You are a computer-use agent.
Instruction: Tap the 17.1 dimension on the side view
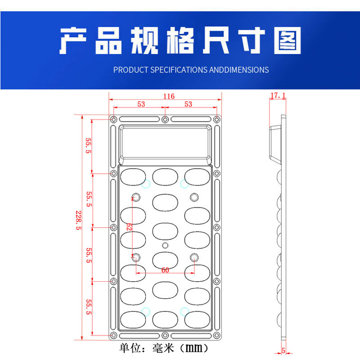(278, 95)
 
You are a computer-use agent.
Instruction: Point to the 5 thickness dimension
(283, 351)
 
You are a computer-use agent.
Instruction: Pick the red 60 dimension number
(165, 270)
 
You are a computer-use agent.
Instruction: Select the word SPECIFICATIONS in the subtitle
(179, 70)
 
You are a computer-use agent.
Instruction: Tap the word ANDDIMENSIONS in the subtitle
(239, 70)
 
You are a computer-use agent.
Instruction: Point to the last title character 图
(287, 41)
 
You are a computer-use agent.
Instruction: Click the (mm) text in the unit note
(194, 348)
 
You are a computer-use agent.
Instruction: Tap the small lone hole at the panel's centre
(165, 245)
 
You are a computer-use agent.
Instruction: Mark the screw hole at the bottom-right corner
(217, 336)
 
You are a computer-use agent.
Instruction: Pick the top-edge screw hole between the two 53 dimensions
(165, 119)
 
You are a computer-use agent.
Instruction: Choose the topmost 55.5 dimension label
(89, 145)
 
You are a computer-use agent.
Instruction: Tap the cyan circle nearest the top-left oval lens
(146, 183)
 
